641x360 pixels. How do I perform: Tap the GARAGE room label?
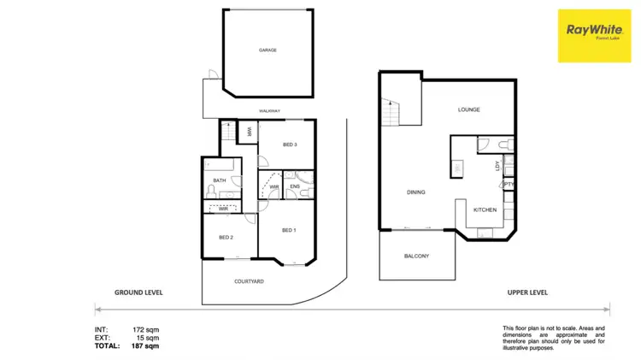pos(268,50)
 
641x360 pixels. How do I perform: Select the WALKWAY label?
pos(270,111)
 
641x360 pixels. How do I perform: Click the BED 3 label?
pos(289,145)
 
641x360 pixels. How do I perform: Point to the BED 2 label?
pos(226,237)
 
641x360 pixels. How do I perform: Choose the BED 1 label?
pos(289,230)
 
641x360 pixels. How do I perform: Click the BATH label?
pos(220,180)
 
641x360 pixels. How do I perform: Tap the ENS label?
pos(295,186)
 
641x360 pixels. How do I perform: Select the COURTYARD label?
pos(249,280)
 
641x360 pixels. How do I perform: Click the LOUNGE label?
pos(468,109)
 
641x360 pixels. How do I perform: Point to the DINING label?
pos(415,192)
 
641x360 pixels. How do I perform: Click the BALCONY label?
pos(416,256)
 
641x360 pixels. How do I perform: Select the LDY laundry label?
pos(497,167)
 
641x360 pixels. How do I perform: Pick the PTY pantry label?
pos(509,185)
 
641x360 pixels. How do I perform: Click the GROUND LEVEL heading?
pos(138,292)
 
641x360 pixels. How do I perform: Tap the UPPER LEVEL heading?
pos(527,292)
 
